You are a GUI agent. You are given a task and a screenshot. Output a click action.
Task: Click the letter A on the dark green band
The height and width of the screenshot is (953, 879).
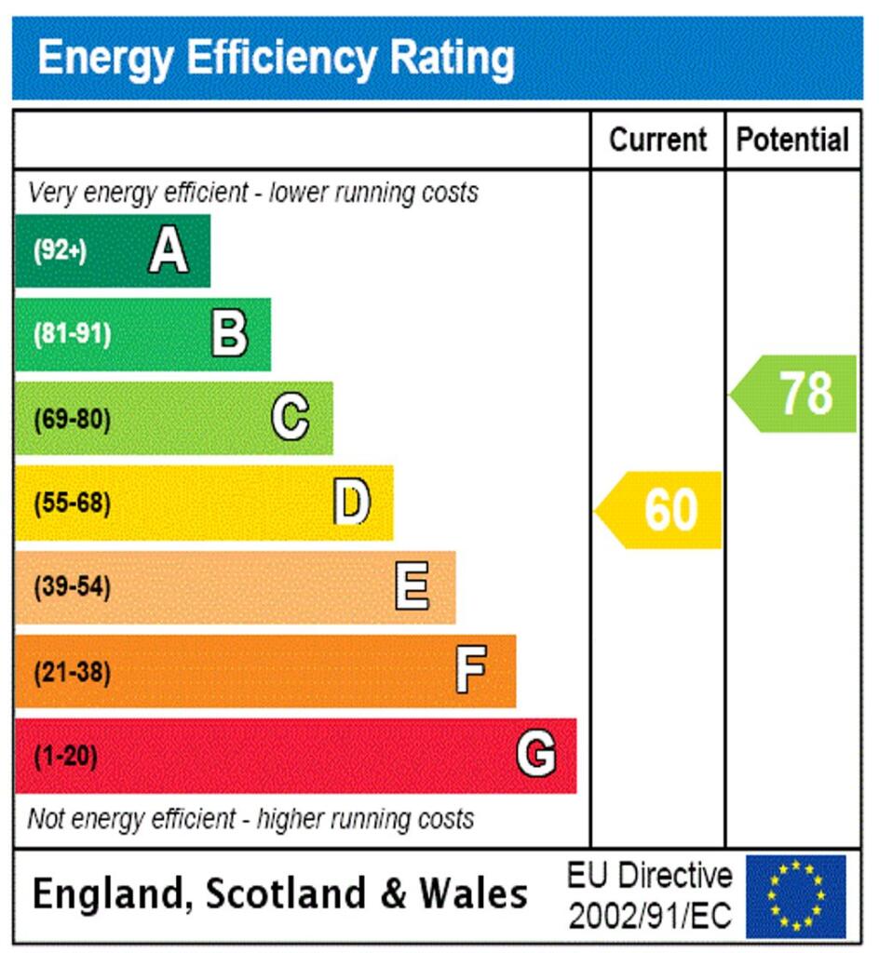click(169, 250)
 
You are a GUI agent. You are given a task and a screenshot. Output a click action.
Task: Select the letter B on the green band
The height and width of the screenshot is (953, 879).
click(229, 334)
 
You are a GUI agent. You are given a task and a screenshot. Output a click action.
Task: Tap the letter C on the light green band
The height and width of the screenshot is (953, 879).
click(291, 418)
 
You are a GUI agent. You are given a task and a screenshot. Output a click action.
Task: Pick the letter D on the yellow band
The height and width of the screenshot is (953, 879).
click(352, 503)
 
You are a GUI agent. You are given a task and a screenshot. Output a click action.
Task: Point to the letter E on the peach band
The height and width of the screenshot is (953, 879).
click(412, 586)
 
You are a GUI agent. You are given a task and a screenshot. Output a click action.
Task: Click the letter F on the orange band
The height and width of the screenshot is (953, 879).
click(471, 671)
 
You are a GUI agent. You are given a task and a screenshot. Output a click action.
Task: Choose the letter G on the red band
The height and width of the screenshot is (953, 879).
click(536, 755)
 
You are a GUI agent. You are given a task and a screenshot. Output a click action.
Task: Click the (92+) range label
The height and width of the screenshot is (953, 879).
click(60, 251)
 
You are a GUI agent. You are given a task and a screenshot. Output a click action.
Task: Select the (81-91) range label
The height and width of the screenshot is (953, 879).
click(72, 335)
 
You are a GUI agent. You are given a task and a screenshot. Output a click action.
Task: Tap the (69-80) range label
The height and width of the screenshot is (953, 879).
click(72, 420)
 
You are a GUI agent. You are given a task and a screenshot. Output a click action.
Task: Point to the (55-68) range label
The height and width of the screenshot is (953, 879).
click(72, 503)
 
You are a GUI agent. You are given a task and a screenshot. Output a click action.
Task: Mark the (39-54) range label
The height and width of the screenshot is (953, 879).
click(72, 588)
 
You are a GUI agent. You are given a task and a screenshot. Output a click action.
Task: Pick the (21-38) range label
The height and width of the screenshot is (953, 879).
click(72, 672)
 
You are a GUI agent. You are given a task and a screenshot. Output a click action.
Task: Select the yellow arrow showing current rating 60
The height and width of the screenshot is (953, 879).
click(661, 510)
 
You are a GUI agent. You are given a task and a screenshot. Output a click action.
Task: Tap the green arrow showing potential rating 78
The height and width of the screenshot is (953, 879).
click(796, 393)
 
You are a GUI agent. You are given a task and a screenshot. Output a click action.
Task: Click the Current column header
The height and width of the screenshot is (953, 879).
click(657, 141)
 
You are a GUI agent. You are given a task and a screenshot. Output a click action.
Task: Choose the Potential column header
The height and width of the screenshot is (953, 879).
click(792, 141)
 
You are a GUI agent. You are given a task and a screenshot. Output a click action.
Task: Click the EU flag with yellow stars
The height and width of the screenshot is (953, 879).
click(796, 896)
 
